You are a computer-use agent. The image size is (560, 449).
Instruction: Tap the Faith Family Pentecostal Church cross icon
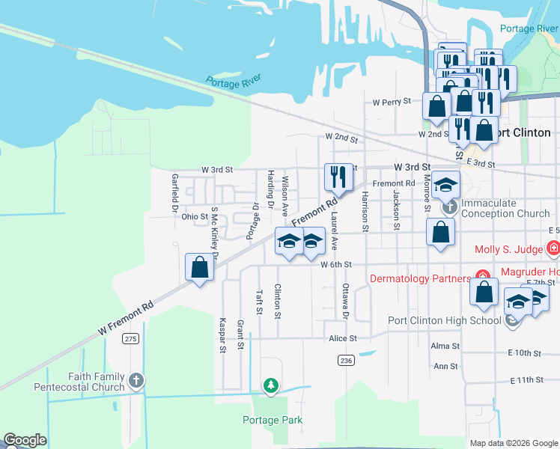[x=136, y=381]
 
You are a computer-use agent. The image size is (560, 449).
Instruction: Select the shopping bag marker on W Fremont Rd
[x=199, y=268]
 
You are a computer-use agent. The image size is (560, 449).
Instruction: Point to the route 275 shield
[x=131, y=339]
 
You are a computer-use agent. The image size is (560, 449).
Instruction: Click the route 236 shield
[x=345, y=361]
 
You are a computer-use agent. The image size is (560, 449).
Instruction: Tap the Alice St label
[x=343, y=338]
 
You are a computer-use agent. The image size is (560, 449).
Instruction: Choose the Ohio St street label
[x=195, y=217]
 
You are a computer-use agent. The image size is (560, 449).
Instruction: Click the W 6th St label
[x=336, y=264]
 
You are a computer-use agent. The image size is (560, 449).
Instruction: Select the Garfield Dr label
[x=174, y=191]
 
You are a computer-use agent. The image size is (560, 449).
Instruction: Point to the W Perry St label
[x=392, y=101]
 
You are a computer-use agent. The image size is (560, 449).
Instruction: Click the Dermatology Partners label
[x=420, y=278]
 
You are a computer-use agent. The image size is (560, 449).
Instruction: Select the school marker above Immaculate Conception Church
[x=446, y=186]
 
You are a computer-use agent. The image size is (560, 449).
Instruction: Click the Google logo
[x=25, y=440]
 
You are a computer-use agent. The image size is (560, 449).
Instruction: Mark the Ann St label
[x=445, y=367]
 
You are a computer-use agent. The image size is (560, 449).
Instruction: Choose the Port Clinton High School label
[x=444, y=321]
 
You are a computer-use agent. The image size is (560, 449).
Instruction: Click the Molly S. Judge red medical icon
[x=553, y=248]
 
